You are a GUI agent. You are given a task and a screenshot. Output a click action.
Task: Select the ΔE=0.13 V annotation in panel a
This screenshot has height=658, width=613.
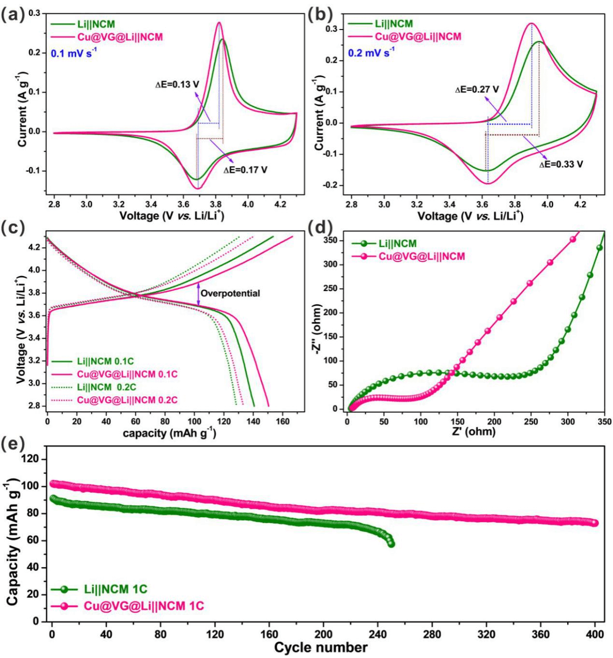(x=177, y=85)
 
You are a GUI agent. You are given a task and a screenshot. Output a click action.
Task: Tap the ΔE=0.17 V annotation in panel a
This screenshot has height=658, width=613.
(x=245, y=170)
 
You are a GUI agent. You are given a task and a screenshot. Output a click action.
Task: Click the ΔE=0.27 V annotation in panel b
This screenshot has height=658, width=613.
(x=477, y=89)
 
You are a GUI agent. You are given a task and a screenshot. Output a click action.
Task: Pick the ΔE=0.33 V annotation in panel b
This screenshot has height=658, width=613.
(x=561, y=164)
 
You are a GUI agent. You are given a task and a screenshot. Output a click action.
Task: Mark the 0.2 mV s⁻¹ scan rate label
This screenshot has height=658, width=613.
(x=371, y=53)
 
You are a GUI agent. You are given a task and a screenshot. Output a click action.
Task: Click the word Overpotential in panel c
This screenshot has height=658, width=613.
(x=230, y=293)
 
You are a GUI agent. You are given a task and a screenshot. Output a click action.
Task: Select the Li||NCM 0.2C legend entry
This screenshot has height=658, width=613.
(x=106, y=387)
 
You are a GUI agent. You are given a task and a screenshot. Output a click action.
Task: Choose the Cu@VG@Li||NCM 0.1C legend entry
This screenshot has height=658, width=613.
(x=127, y=374)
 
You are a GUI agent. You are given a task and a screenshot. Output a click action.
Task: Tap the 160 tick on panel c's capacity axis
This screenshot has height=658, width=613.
(x=283, y=421)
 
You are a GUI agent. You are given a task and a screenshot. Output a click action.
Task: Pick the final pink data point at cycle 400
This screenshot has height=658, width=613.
(x=595, y=523)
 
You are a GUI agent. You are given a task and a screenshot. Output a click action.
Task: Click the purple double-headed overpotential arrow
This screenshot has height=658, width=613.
(x=198, y=294)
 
